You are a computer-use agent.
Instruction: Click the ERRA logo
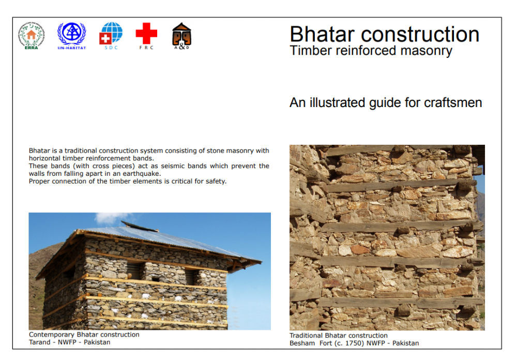coord(32,35)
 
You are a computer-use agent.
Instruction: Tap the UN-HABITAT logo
coord(72,35)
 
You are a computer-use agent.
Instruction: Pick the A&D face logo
coord(181,35)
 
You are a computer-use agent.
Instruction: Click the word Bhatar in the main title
coord(322,35)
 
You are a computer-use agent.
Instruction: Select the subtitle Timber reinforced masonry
coord(371,51)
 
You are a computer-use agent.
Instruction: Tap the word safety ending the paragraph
coord(216,181)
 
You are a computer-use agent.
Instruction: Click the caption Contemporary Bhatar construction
coord(84,335)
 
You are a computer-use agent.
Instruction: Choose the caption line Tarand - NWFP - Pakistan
coord(69,342)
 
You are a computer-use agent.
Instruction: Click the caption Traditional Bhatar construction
coord(338,336)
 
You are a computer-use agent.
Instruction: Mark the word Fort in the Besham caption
coord(323,343)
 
